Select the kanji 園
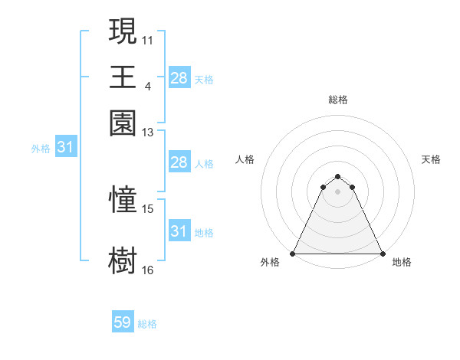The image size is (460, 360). pyautogui.click(x=123, y=123)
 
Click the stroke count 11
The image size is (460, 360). pyautogui.click(x=148, y=39)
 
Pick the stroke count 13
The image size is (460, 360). pyautogui.click(x=148, y=133)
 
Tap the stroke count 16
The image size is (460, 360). pyautogui.click(x=148, y=270)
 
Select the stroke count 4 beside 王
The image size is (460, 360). pyautogui.click(x=148, y=86)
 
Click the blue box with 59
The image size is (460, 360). pyautogui.click(x=123, y=322)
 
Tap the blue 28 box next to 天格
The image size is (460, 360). pyautogui.click(x=179, y=77)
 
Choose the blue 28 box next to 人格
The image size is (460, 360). pyautogui.click(x=179, y=162)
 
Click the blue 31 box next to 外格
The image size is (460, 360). pyautogui.click(x=64, y=147)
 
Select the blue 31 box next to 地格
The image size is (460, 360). pyautogui.click(x=179, y=231)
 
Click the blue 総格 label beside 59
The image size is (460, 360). pyautogui.click(x=147, y=324)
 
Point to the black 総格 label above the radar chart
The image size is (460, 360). pyautogui.click(x=338, y=100)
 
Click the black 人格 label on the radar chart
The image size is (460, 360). pyautogui.click(x=245, y=159)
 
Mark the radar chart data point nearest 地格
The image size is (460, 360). pyautogui.click(x=383, y=253)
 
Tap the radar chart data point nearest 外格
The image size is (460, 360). pyautogui.click(x=293, y=253)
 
